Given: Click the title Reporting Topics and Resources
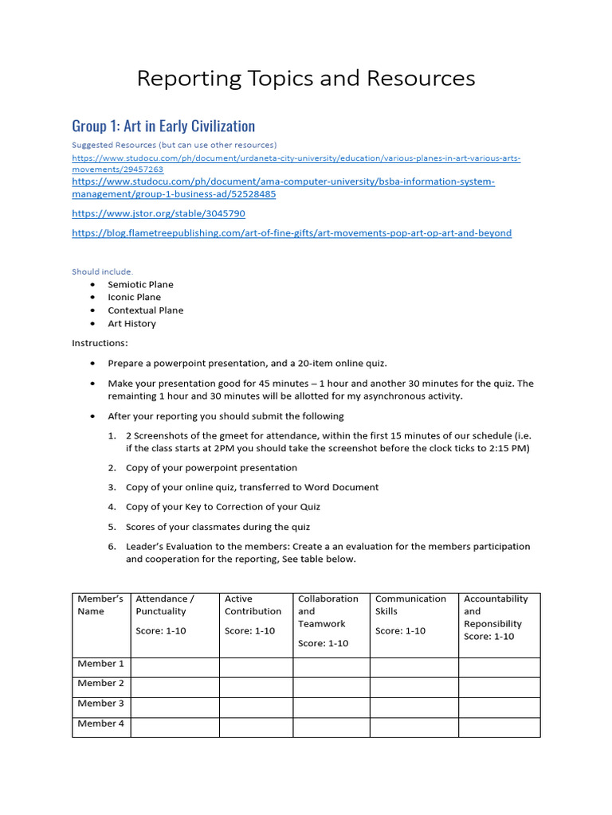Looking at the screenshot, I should [x=306, y=79].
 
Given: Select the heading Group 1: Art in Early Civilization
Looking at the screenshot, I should [x=163, y=126].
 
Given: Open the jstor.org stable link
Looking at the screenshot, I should [x=159, y=213].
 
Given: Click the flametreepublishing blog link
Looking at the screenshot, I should [x=292, y=233].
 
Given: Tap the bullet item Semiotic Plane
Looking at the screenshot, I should [x=140, y=284].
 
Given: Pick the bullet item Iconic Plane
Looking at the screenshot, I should [x=134, y=297].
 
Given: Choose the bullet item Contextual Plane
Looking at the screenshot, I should [x=145, y=310].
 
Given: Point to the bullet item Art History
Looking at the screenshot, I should [x=131, y=324].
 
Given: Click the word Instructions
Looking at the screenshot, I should [x=100, y=343].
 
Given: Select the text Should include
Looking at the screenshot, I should [x=103, y=271].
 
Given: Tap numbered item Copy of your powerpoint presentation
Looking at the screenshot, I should [x=200, y=468].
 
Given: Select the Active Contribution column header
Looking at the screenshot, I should [x=253, y=605].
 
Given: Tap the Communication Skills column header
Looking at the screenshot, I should [x=410, y=605].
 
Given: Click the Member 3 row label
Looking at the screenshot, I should [x=100, y=704].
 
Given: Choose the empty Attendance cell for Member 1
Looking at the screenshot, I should [x=175, y=667].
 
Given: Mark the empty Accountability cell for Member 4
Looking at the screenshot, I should [x=499, y=727].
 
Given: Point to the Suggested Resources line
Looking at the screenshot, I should [x=174, y=145].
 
